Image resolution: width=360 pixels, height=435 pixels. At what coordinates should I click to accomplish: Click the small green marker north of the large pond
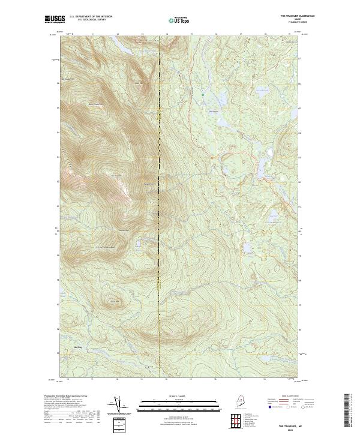(x=204, y=95)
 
